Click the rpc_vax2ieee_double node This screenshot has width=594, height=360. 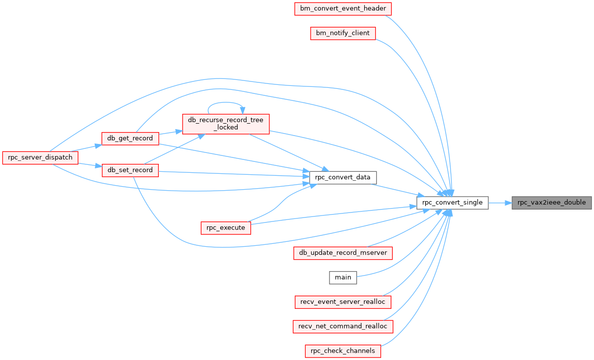pyautogui.click(x=552, y=203)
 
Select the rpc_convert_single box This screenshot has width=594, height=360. pyautogui.click(x=452, y=203)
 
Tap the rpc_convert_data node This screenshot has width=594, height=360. pyautogui.click(x=343, y=177)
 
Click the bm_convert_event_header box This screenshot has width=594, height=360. pyautogui.click(x=343, y=8)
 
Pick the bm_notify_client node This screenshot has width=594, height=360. pyautogui.click(x=343, y=33)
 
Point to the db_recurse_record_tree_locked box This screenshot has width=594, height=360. pyautogui.click(x=226, y=124)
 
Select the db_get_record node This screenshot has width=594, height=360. pyautogui.click(x=130, y=139)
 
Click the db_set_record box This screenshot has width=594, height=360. pyautogui.click(x=130, y=170)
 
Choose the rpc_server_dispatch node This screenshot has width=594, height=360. pyautogui.click(x=40, y=157)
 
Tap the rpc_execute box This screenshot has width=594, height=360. pyautogui.click(x=226, y=228)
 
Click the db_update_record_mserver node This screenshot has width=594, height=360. pyautogui.click(x=343, y=253)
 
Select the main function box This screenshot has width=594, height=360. pyautogui.click(x=343, y=278)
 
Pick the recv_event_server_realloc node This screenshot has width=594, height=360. pyautogui.click(x=343, y=302)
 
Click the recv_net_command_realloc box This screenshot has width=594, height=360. pyautogui.click(x=343, y=326)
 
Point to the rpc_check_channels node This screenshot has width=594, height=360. pyautogui.click(x=343, y=351)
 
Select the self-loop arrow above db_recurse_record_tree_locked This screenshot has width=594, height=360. pyautogui.click(x=225, y=102)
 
